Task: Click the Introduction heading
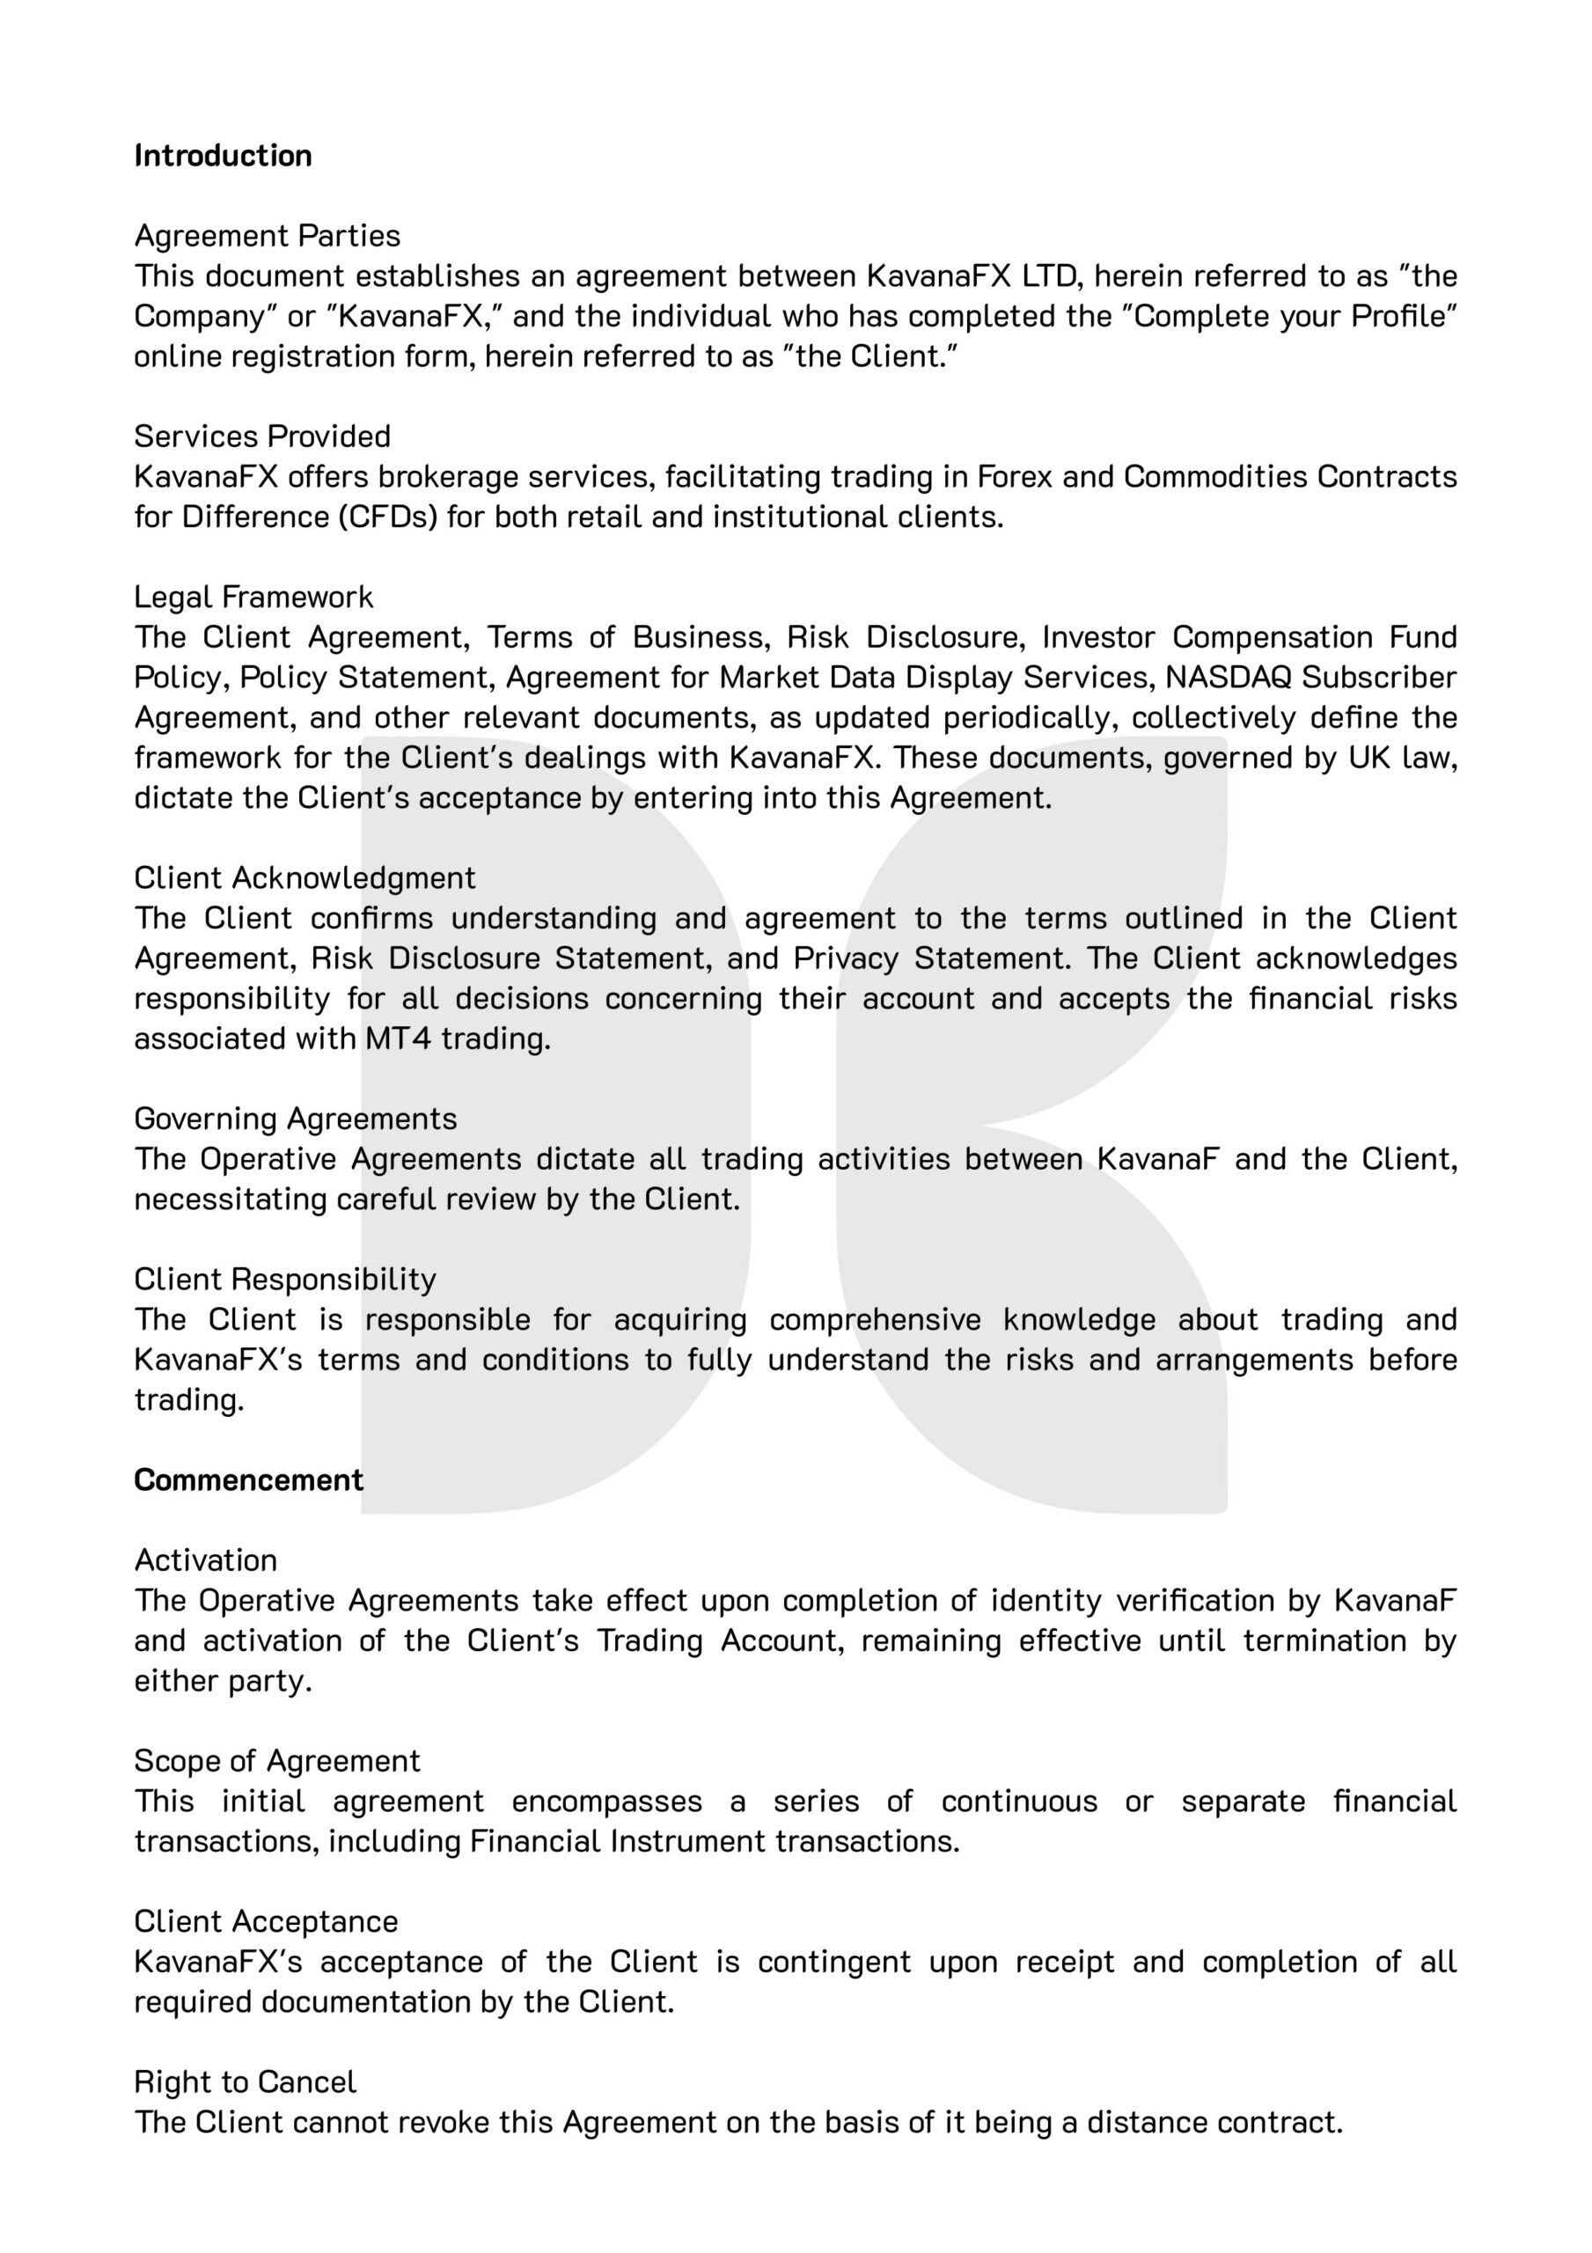click(223, 156)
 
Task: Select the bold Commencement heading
click(248, 1479)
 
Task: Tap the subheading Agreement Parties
click(267, 237)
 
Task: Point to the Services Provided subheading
click(262, 437)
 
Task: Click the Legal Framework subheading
click(253, 598)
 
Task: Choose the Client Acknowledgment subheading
click(304, 878)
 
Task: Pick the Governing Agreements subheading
click(296, 1119)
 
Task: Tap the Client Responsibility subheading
click(284, 1280)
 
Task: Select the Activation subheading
click(205, 1560)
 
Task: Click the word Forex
click(1013, 477)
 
